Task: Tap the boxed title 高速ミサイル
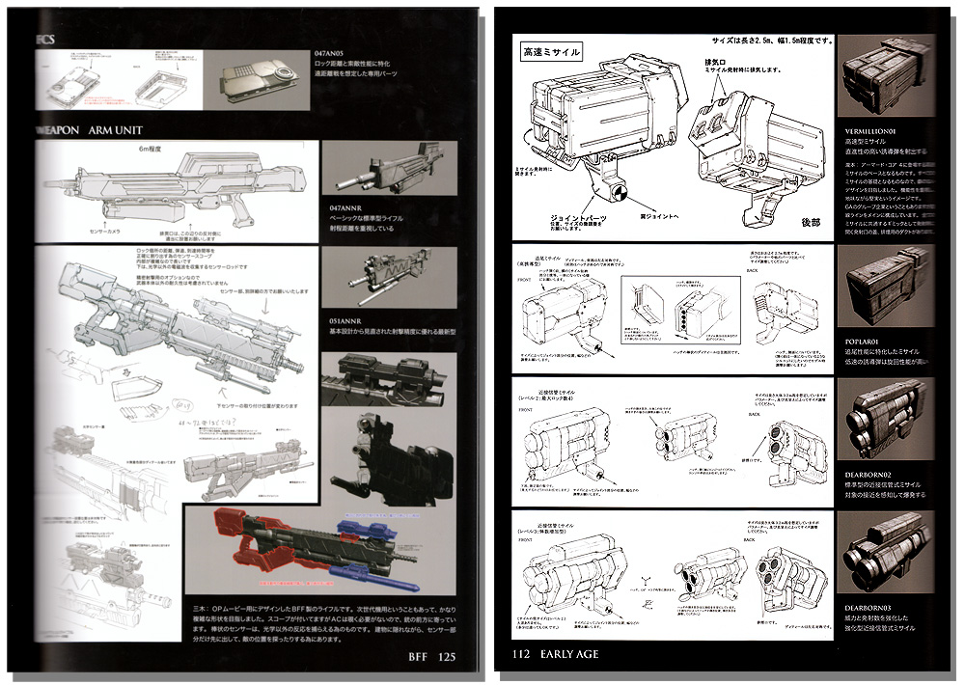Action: [x=551, y=51]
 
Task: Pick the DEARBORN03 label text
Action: [x=874, y=607]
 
